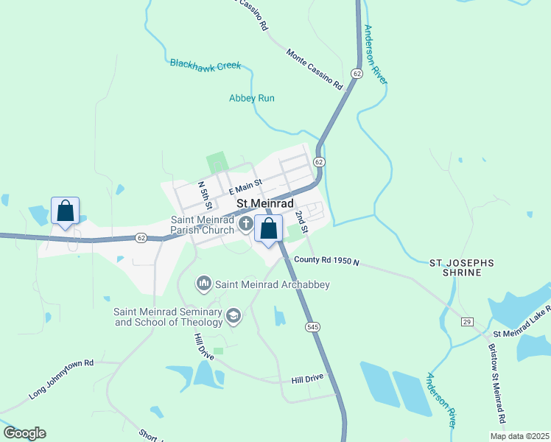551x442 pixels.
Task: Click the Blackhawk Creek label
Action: point(206,65)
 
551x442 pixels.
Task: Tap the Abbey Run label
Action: point(251,98)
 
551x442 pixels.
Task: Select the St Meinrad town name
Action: point(264,203)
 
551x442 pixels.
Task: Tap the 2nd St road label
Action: point(301,220)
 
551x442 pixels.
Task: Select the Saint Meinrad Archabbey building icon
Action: point(204,284)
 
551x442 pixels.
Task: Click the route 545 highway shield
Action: point(312,325)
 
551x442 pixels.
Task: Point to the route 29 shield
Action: point(466,321)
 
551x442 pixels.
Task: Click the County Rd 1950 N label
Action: point(326,261)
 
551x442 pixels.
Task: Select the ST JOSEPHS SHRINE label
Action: point(461,267)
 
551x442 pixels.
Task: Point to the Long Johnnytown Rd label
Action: point(62,379)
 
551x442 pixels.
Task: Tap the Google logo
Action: point(24,433)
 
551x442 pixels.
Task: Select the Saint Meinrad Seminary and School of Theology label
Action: point(168,317)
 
